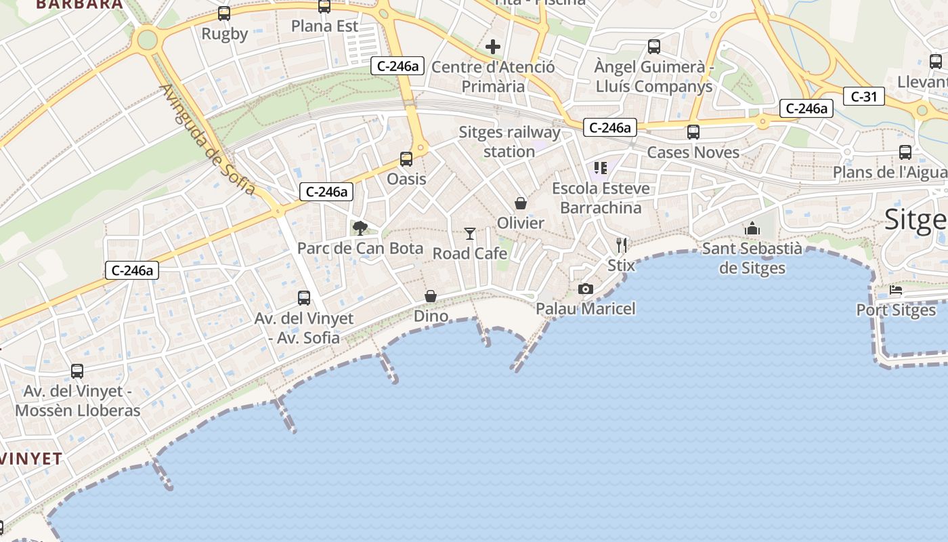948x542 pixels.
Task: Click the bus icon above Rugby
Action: point(224,13)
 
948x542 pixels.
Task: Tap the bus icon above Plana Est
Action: point(324,7)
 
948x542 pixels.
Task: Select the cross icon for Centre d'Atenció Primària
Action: point(493,47)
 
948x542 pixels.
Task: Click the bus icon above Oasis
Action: point(406,159)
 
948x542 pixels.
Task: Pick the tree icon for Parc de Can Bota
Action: point(360,228)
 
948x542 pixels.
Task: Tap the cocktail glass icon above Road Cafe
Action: point(470,234)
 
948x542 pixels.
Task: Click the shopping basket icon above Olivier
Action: point(521,203)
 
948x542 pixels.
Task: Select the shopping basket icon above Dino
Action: point(431,296)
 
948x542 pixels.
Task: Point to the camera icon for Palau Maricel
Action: point(586,289)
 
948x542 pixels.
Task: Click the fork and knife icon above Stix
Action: point(622,245)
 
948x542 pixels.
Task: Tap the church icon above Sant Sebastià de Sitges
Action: point(752,229)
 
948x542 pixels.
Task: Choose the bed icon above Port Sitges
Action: point(896,291)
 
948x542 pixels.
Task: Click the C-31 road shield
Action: point(864,97)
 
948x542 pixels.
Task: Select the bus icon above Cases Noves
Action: point(693,132)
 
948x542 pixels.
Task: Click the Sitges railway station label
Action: point(509,142)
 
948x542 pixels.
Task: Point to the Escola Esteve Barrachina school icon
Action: point(601,168)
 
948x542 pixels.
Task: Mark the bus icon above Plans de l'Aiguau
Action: point(905,152)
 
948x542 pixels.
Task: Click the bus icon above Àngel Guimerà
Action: point(654,47)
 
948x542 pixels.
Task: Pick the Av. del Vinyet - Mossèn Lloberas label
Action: point(77,400)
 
